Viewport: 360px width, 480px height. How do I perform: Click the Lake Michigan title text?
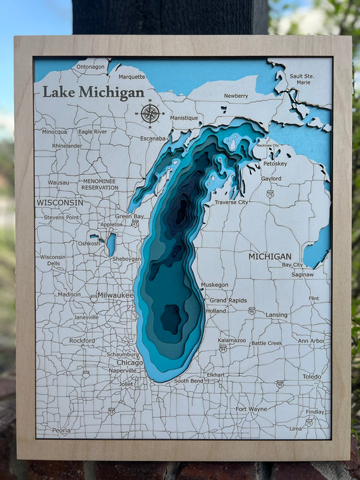click(x=93, y=92)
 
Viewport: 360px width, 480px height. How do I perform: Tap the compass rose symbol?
click(x=150, y=113)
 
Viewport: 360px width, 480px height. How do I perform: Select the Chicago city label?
click(x=130, y=363)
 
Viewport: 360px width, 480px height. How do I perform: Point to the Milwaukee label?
click(x=115, y=295)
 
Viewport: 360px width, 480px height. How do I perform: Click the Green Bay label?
click(x=129, y=217)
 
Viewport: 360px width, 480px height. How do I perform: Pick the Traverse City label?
click(x=231, y=202)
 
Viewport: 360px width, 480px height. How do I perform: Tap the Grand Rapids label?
click(x=228, y=300)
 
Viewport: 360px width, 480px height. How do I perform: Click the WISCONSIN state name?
click(x=60, y=203)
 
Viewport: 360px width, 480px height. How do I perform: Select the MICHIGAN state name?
click(x=269, y=257)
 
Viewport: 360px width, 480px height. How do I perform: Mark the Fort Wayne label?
click(x=251, y=408)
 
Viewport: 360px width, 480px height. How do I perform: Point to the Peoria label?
click(x=61, y=429)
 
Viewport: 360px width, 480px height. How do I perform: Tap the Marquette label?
click(x=132, y=77)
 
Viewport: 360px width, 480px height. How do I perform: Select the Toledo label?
click(x=311, y=376)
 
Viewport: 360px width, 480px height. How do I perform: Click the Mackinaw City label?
click(x=267, y=146)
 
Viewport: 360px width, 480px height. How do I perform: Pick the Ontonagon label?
click(x=91, y=67)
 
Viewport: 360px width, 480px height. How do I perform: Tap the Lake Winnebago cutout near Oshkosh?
click(x=111, y=244)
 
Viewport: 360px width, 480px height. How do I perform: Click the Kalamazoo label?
click(x=232, y=340)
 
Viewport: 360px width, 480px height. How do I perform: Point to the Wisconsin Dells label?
click(x=53, y=260)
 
